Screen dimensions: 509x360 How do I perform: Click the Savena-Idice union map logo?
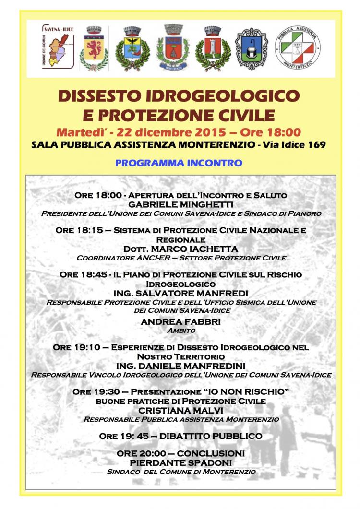[58, 48]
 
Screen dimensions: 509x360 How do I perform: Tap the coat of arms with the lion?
[94, 48]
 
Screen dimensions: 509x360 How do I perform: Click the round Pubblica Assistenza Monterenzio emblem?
[297, 48]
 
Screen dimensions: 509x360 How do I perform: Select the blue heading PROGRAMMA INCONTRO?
[179, 163]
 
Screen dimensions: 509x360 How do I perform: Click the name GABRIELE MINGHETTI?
[181, 204]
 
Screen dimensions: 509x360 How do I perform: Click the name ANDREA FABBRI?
[180, 322]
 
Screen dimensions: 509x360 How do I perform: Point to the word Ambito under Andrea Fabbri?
[180, 331]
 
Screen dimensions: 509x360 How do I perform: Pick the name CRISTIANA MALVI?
[180, 410]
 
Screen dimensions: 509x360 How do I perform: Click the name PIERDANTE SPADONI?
[180, 462]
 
